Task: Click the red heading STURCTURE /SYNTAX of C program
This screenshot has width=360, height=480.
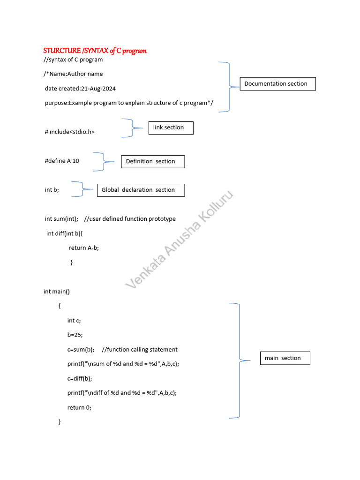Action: point(95,51)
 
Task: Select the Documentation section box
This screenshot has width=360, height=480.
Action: point(277,84)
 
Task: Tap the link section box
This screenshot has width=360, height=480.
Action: point(171,127)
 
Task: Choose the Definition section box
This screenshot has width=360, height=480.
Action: point(153,161)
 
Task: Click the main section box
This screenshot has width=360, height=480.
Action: point(285,358)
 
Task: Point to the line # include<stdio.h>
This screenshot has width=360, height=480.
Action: point(70,132)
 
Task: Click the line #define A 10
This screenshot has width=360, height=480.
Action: point(62,161)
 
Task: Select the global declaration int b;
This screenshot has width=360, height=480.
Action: point(52,190)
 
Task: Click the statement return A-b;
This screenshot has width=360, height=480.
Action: point(84,248)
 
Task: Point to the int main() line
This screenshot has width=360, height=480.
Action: point(57,292)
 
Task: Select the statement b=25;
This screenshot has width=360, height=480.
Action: point(75,335)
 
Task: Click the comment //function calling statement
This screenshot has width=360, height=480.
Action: point(139,350)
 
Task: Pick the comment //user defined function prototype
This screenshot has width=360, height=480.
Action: point(130,219)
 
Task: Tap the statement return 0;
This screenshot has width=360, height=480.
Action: point(79,408)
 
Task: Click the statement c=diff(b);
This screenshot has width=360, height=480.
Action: point(80,379)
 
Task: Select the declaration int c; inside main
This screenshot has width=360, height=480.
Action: point(74,321)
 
